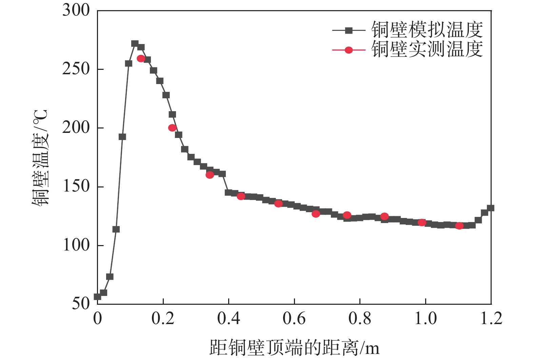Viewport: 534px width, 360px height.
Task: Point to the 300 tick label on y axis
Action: coord(76,10)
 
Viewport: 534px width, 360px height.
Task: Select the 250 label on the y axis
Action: coord(76,69)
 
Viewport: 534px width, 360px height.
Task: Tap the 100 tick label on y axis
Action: coord(76,245)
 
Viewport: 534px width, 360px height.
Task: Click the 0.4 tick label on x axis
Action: coord(229,318)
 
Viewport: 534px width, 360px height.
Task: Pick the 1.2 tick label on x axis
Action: coord(491,318)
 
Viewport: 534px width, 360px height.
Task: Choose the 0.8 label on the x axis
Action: coord(360,318)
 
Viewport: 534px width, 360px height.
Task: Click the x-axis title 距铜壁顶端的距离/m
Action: coord(294,347)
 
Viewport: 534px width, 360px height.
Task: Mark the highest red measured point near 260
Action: coord(141,59)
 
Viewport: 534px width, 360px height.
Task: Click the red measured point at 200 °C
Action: coord(172,128)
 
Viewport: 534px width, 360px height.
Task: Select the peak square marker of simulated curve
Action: coord(135,44)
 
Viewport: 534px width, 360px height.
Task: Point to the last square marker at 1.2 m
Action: coord(490,208)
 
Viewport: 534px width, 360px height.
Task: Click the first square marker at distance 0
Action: coord(98,297)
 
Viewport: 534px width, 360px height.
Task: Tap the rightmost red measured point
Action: coord(459,226)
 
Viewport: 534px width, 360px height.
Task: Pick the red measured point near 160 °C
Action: coord(210,175)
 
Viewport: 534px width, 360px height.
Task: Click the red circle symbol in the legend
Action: coord(349,50)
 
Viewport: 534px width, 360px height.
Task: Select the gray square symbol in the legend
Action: coord(349,31)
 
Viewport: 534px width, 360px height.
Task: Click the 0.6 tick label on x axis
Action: coord(294,318)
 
